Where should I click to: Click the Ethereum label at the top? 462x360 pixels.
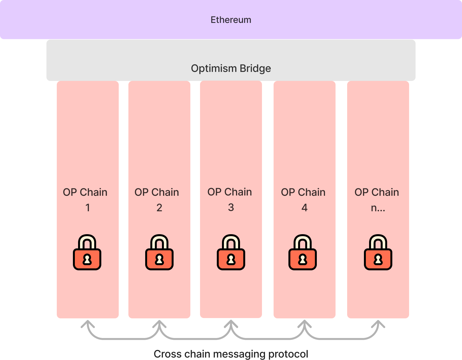[231, 20]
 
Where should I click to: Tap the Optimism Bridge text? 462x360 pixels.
[231, 68]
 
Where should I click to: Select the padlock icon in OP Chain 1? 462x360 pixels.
[87, 253]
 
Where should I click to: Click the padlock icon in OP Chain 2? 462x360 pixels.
[159, 253]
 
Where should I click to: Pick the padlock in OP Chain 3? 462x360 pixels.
[231, 253]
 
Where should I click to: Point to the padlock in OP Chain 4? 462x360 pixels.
[303, 253]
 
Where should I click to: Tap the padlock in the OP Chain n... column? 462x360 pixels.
[378, 253]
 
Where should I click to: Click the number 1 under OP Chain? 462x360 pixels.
[87, 208]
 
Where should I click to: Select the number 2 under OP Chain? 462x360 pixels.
[159, 208]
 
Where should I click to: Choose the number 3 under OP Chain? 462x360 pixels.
[231, 207]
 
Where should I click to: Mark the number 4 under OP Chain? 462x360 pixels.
[305, 208]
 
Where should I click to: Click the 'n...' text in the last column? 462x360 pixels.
[378, 208]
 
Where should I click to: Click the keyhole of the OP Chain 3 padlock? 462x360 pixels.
[231, 259]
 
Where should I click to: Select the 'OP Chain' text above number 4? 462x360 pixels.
[303, 192]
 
